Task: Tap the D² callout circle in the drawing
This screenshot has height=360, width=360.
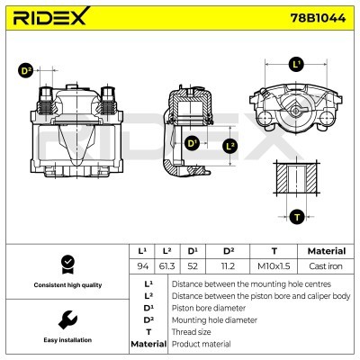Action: coord(25,70)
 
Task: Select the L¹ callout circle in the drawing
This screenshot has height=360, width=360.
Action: coord(296,65)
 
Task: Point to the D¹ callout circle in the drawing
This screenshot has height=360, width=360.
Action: coord(192,143)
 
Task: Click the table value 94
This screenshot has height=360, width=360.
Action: coord(141,266)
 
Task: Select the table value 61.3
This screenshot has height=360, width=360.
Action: coord(166,266)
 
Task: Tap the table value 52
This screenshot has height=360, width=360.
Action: coord(192,266)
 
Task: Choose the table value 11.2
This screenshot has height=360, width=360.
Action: coord(228,266)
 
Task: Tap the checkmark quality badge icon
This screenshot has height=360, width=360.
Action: coord(66,264)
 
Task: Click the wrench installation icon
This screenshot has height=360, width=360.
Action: coord(66,319)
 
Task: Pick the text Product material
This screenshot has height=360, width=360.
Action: coord(201,344)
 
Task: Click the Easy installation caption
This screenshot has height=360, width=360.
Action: coord(66,340)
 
